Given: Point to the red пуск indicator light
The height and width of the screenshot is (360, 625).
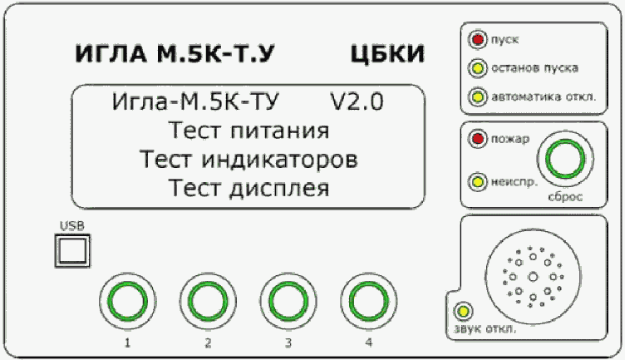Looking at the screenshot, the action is tap(478, 39).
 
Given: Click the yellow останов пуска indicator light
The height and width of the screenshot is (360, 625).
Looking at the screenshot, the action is tap(478, 67).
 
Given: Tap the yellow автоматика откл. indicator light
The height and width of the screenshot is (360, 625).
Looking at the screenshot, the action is tap(478, 96).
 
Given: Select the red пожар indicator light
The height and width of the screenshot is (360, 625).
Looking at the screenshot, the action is tap(478, 138).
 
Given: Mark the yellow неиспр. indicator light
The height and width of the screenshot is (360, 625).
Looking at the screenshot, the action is tap(478, 180).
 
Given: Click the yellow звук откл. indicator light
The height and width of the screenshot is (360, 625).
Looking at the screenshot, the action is tap(460, 313).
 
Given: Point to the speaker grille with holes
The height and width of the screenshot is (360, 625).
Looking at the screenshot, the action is tap(531, 274).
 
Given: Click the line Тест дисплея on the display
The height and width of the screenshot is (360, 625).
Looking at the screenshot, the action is tap(249, 186).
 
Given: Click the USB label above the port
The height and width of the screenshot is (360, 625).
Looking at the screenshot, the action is tap(71, 225).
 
